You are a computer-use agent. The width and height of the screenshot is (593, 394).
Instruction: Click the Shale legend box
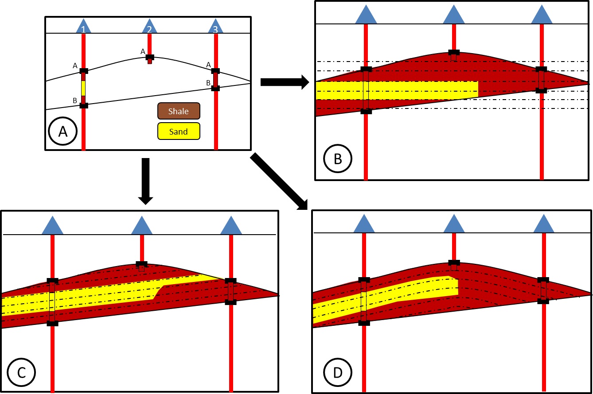(179, 111)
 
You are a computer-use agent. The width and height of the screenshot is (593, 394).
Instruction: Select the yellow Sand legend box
(179, 131)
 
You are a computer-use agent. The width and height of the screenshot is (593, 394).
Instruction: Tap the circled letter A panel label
(63, 131)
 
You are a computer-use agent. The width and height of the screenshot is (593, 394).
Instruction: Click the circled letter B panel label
(338, 158)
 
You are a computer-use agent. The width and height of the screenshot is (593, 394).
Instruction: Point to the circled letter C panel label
(21, 372)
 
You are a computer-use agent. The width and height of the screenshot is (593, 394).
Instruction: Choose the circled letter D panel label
(338, 372)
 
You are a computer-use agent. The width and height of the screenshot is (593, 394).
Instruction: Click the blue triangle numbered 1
(84, 27)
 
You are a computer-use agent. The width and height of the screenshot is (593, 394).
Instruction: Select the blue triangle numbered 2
(149, 27)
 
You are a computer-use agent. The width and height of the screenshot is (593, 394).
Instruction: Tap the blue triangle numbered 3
(215, 27)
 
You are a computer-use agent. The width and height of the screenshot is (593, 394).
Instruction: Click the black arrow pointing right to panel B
(285, 82)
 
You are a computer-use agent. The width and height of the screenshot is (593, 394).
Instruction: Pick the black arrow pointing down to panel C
(146, 182)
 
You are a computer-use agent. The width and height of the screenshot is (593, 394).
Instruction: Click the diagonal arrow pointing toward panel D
(279, 182)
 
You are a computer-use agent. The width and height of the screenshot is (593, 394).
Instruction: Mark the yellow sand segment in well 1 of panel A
(83, 88)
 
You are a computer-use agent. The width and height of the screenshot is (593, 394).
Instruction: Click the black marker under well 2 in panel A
(150, 57)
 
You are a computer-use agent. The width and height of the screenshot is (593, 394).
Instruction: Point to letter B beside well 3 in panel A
(208, 83)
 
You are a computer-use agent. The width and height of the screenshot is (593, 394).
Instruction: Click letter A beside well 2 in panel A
(143, 51)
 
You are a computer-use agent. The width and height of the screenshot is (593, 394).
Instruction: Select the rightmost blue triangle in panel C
(231, 226)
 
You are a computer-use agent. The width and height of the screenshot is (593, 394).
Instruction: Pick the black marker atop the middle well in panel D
(454, 263)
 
